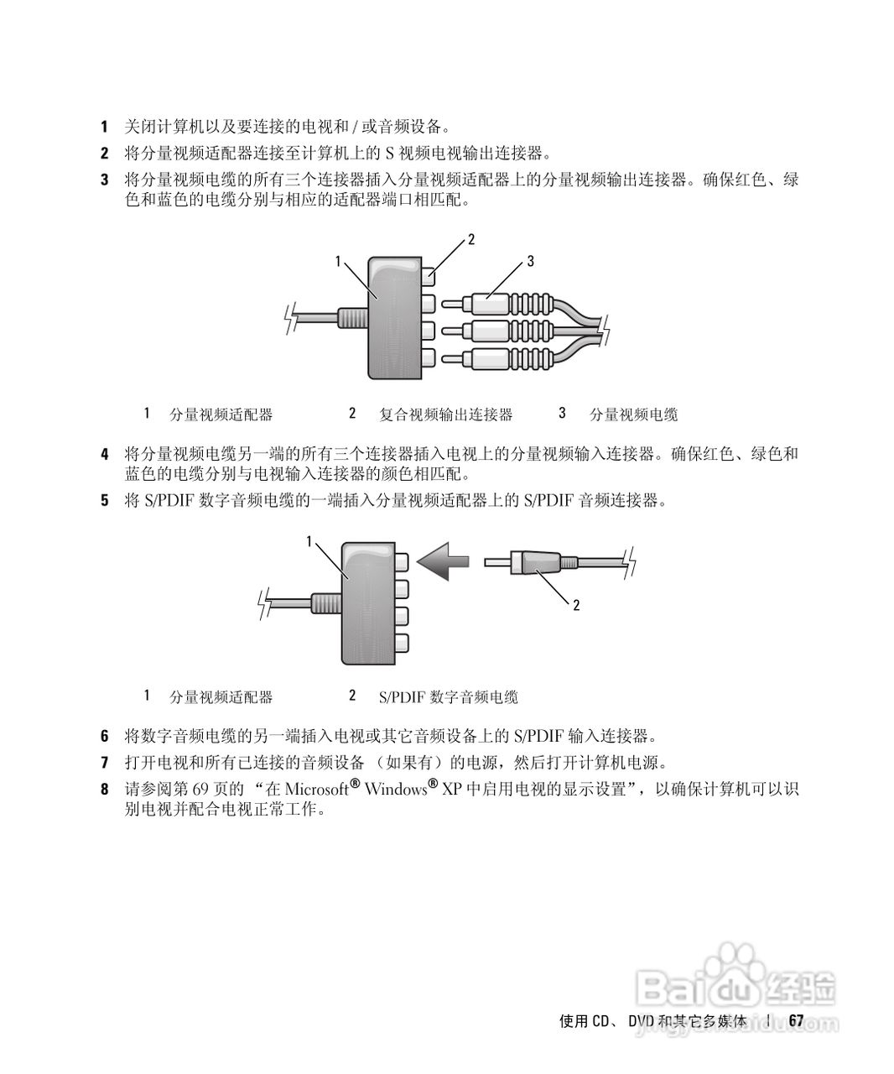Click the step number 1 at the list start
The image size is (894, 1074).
104,127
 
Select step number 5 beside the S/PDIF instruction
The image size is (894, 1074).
104,501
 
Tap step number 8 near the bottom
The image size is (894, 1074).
104,789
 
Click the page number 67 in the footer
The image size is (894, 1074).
796,1020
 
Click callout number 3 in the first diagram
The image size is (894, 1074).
530,262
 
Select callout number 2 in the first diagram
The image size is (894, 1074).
471,239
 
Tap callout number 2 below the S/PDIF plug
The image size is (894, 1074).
576,604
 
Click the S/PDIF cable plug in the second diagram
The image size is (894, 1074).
528,561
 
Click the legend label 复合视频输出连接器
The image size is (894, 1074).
445,414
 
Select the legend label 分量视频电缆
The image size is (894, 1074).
633,414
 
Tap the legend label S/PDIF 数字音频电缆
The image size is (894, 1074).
448,697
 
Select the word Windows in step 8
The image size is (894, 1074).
396,789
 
